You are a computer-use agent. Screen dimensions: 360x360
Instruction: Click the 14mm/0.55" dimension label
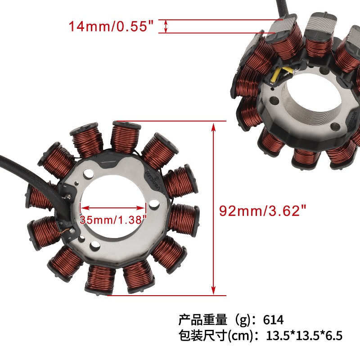tap(111, 26)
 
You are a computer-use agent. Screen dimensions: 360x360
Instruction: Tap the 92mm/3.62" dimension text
tap(263, 211)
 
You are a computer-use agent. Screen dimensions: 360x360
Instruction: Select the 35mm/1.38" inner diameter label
tap(113, 220)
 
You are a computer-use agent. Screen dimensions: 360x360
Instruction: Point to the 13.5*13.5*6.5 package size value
tap(304, 335)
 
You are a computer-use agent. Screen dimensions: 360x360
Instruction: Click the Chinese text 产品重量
tap(203, 319)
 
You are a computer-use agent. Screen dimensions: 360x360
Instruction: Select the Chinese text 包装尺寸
tap(203, 335)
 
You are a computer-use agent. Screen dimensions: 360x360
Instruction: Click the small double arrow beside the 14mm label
tap(166, 26)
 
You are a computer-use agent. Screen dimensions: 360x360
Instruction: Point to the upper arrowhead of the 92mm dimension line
tap(214, 127)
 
